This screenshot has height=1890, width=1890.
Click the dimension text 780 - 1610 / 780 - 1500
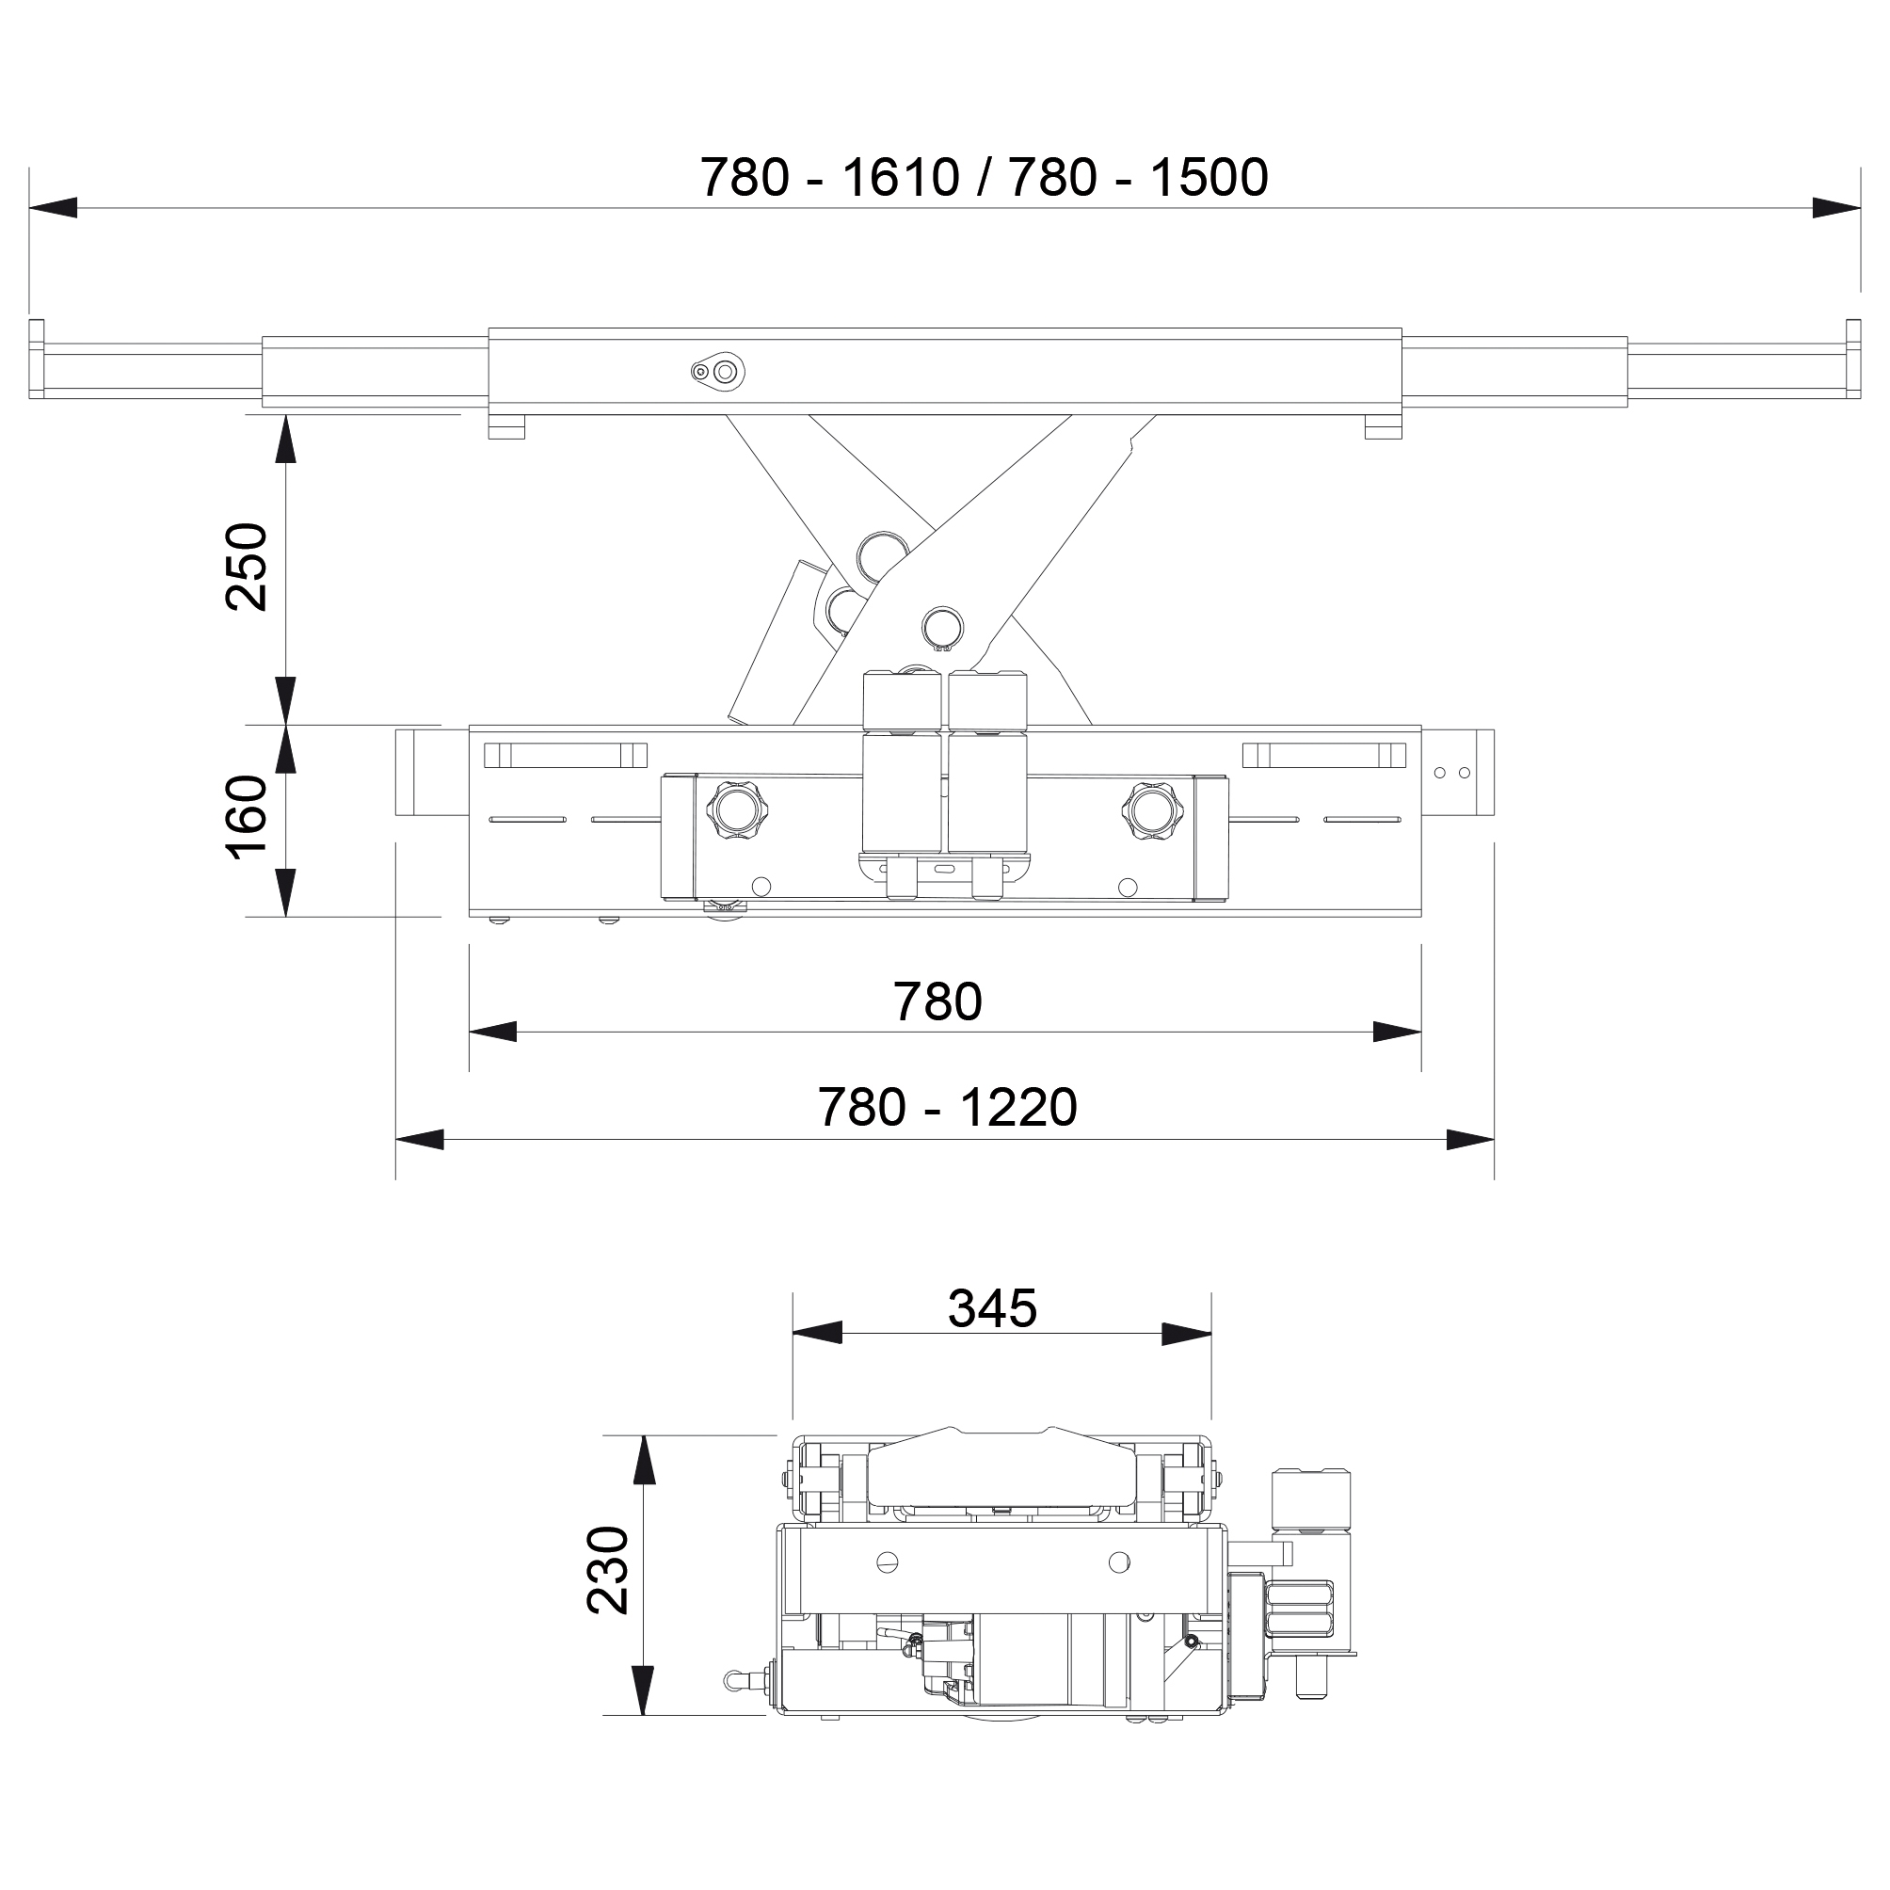985,177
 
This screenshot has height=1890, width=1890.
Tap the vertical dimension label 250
247,567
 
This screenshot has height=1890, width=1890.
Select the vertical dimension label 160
247,817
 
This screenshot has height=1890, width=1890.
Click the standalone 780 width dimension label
937,1001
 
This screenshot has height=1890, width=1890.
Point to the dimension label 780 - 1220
947,1108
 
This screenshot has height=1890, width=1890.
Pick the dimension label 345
992,1308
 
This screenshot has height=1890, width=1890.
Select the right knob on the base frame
1151,810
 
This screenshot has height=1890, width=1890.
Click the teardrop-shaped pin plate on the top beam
718,371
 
